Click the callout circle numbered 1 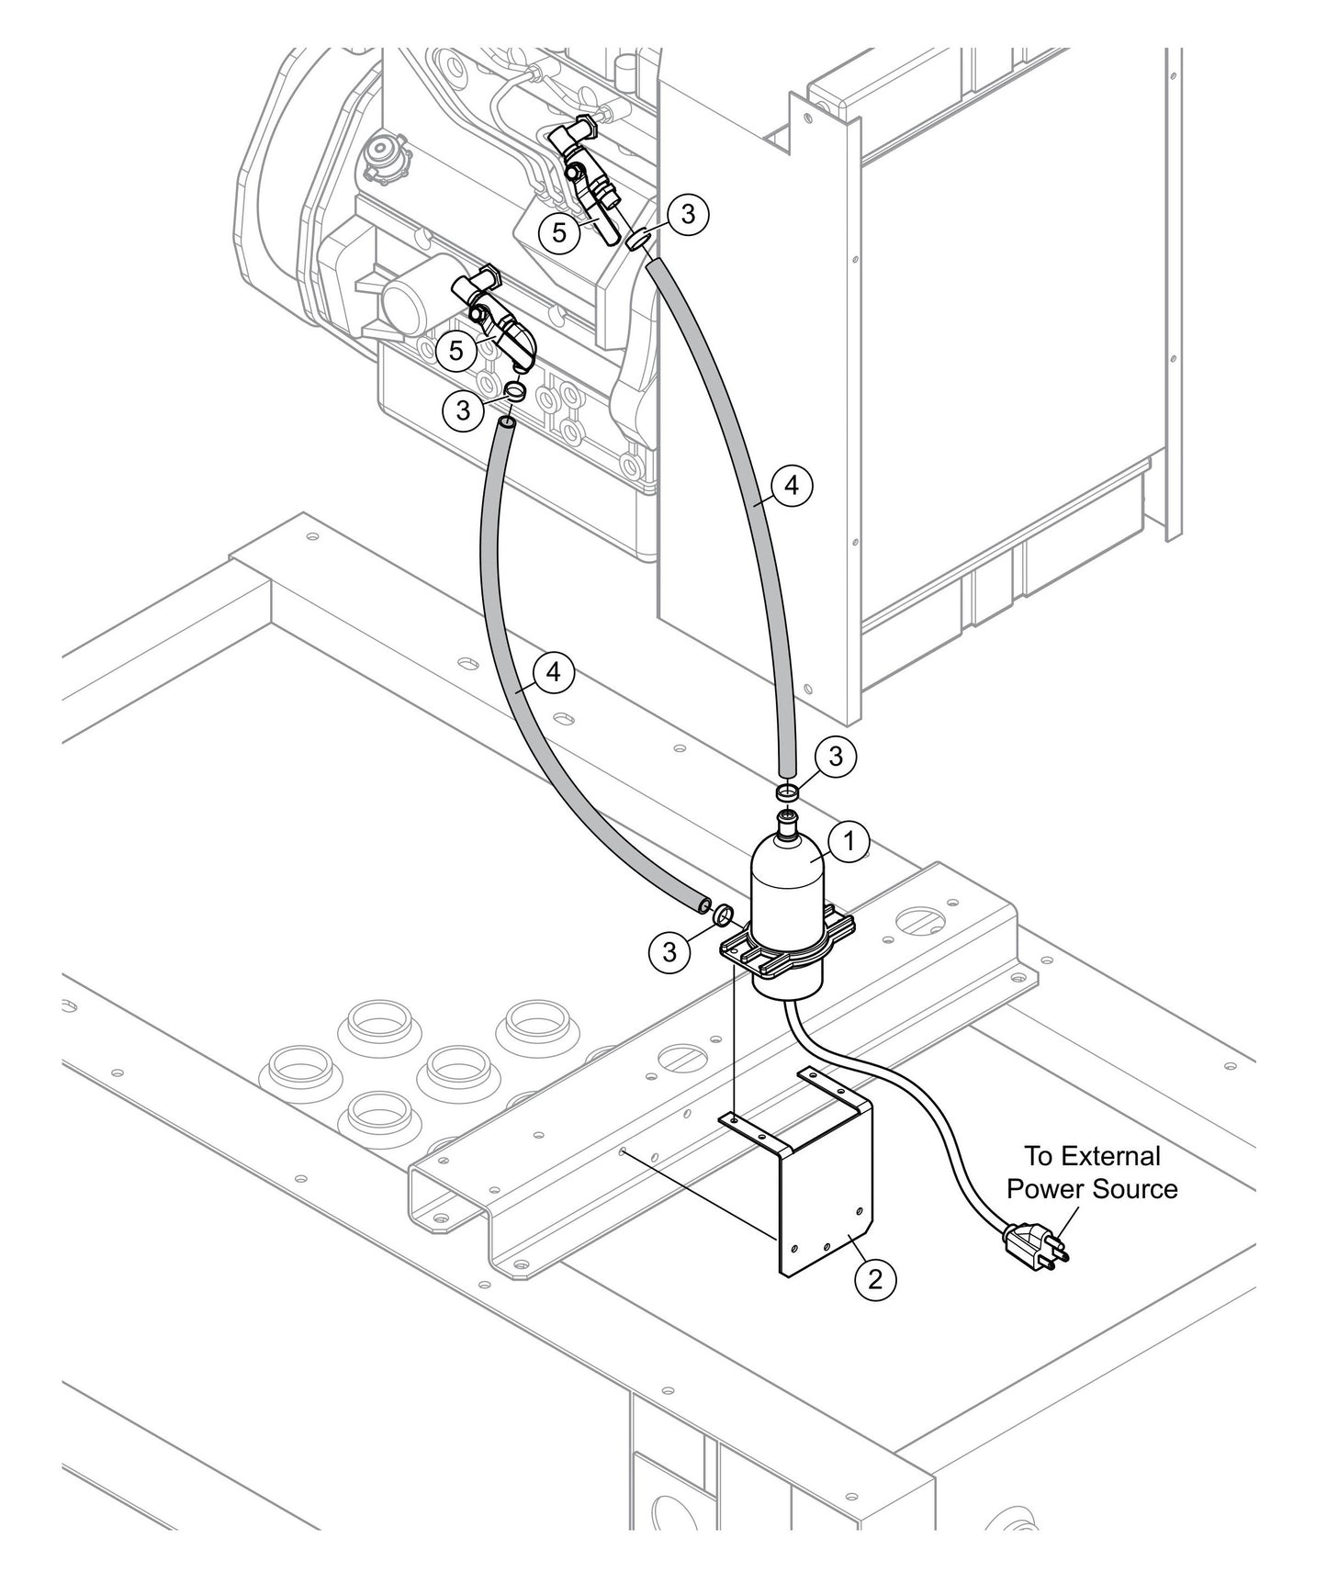tap(849, 840)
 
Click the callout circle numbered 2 tap(874, 1277)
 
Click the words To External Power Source tap(1091, 1173)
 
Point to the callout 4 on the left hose tap(553, 672)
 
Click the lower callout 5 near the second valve tap(456, 350)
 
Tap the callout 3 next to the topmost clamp tap(688, 214)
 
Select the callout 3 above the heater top tap(835, 756)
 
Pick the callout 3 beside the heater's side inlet tap(669, 951)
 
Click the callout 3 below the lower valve tap(463, 410)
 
